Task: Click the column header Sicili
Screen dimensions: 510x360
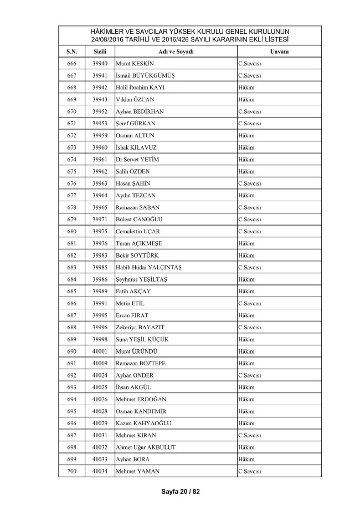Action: (100, 52)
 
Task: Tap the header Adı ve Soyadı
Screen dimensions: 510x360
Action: (175, 52)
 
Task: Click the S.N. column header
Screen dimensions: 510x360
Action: (71, 52)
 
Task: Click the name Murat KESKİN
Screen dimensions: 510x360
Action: (135, 64)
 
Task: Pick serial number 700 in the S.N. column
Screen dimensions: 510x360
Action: (71, 471)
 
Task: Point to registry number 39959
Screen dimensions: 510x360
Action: (100, 135)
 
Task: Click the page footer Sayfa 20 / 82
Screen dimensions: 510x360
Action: (180, 492)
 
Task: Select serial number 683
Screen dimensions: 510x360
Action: (71, 267)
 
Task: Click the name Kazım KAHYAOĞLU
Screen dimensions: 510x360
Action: (143, 423)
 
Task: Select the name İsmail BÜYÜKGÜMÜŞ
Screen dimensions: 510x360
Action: (146, 75)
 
